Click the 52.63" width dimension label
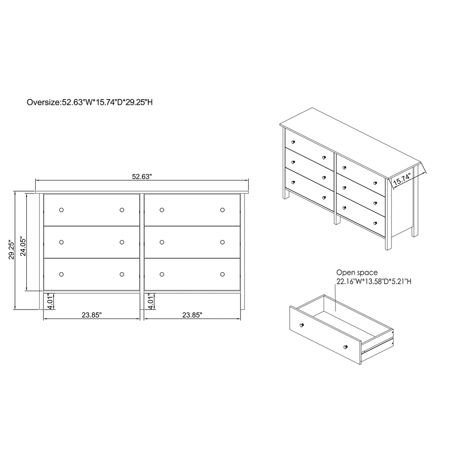142,177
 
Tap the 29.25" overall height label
12,250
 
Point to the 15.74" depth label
402,180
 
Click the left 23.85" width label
92,315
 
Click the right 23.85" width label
192,315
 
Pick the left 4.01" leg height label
51,302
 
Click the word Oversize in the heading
43,103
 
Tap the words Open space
357,273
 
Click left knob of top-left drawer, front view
61,210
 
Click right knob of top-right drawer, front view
222,210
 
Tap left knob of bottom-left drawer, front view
61,274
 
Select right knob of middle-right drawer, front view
222,242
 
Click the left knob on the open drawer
302,325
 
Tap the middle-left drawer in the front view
92,242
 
